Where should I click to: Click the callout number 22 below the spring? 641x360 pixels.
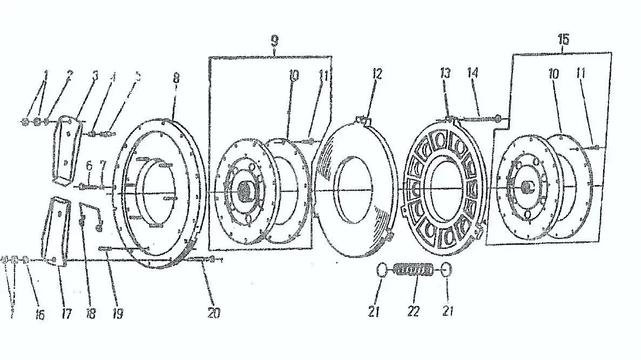[414, 313]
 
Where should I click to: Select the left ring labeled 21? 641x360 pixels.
[382, 269]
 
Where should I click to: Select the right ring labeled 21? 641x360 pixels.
[446, 269]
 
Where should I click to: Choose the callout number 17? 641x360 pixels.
[66, 313]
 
